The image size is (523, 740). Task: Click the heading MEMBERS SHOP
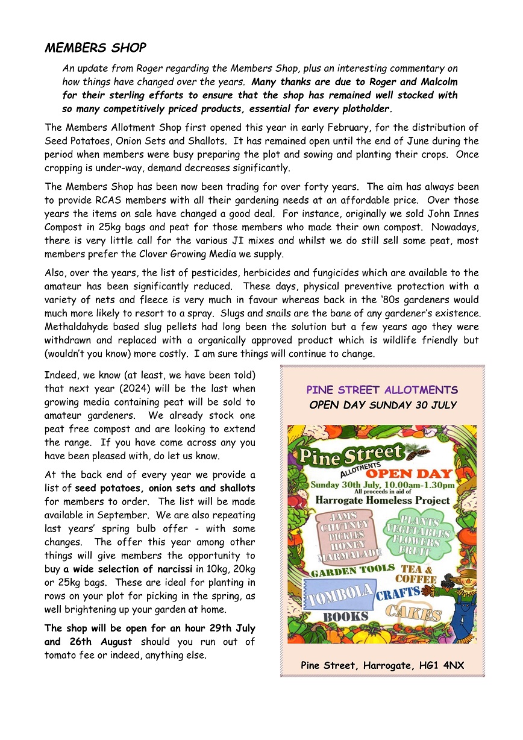coord(95,48)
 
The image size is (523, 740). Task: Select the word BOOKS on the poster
coord(345,616)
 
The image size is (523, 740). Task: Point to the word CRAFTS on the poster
coord(398,594)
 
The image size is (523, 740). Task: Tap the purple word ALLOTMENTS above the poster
coord(421,390)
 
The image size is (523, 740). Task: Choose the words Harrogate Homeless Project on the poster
coord(382,500)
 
